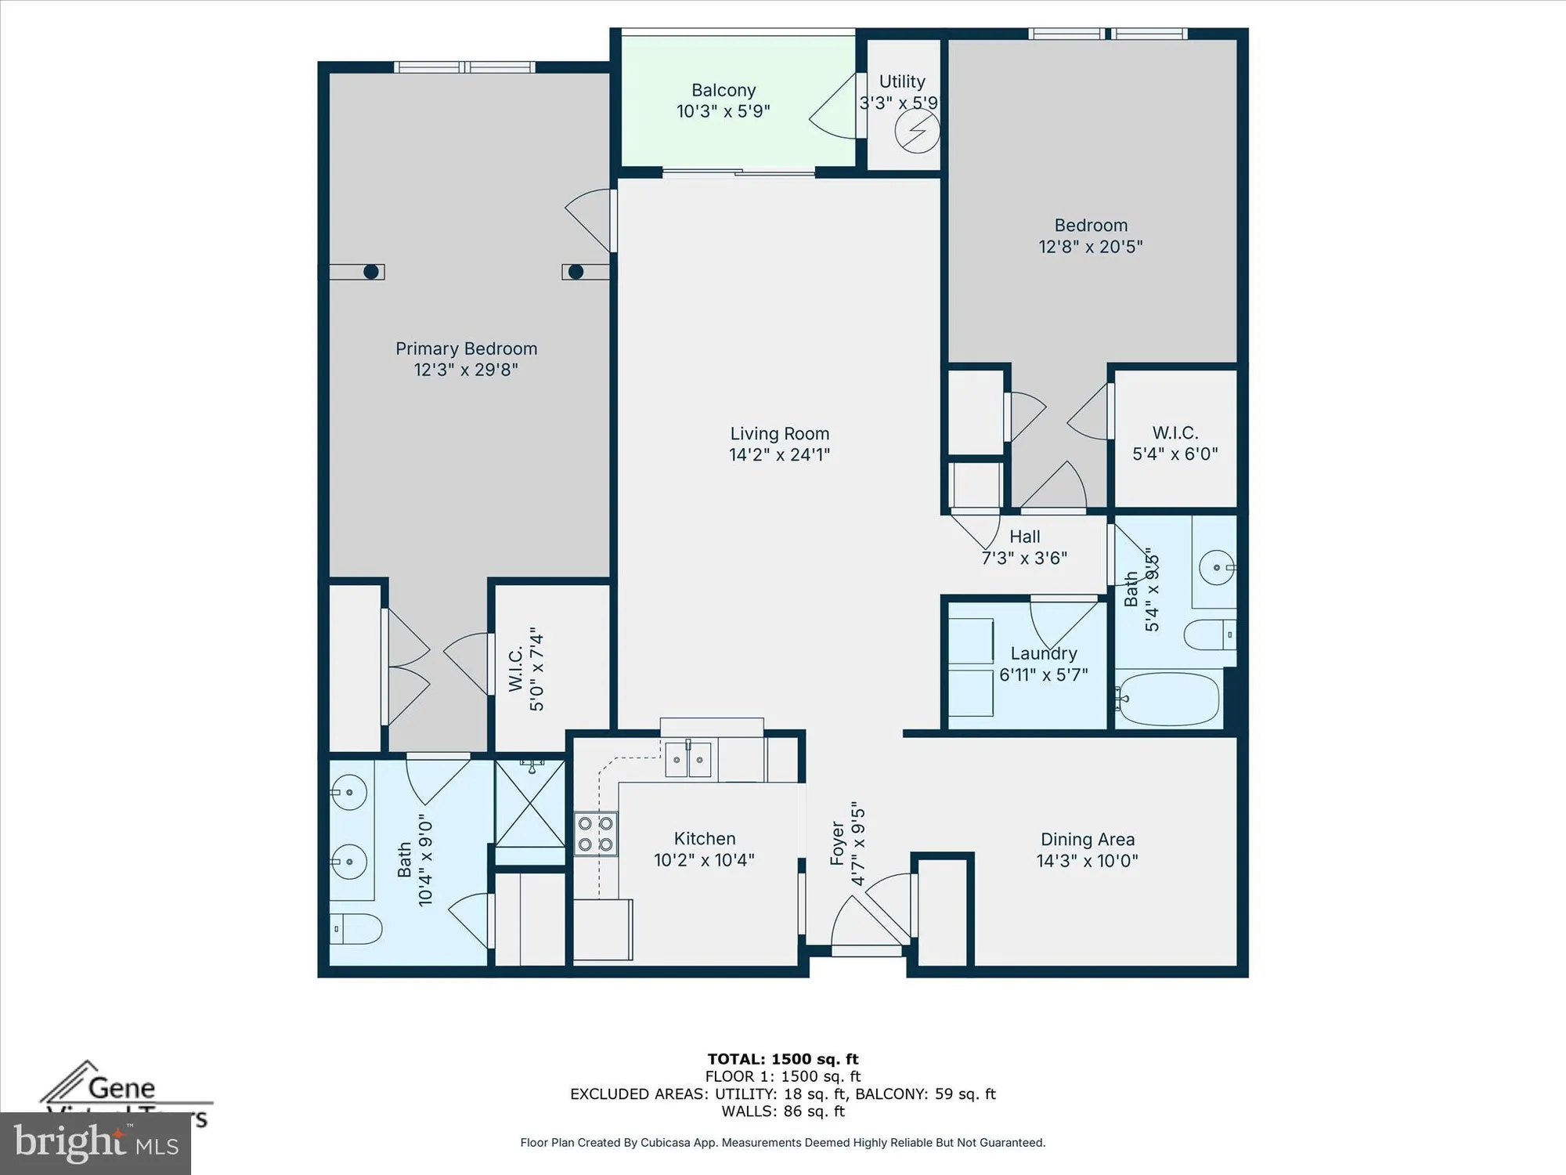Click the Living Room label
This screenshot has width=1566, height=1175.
coord(779,433)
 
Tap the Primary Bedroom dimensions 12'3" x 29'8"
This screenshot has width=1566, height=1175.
coord(466,370)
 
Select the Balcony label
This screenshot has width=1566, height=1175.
coord(723,90)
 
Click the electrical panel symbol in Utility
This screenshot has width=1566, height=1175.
coord(917,132)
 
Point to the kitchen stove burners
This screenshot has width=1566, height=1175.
coord(595,834)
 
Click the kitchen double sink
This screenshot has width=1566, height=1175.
coord(688,760)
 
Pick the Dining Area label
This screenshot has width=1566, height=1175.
coord(1087,840)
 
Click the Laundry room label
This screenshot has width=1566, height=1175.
coord(1043,653)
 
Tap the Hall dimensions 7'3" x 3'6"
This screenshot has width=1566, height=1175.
coord(1024,558)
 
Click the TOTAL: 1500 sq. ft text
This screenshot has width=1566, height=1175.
coord(783,1059)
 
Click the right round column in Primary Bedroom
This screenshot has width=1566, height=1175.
coord(576,272)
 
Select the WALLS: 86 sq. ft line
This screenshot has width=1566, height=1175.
coord(783,1111)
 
